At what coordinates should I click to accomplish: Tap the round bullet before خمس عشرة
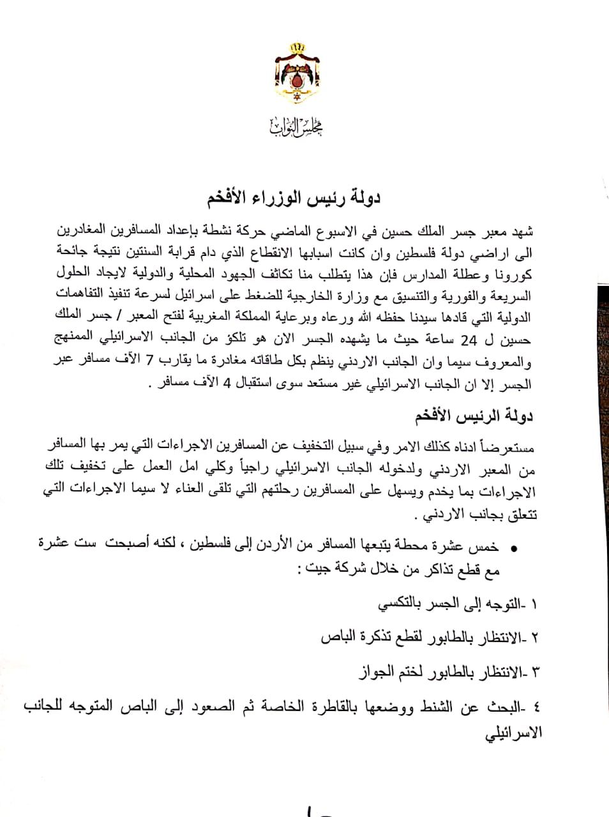515,548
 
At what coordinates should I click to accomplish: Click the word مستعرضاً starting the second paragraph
507,444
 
